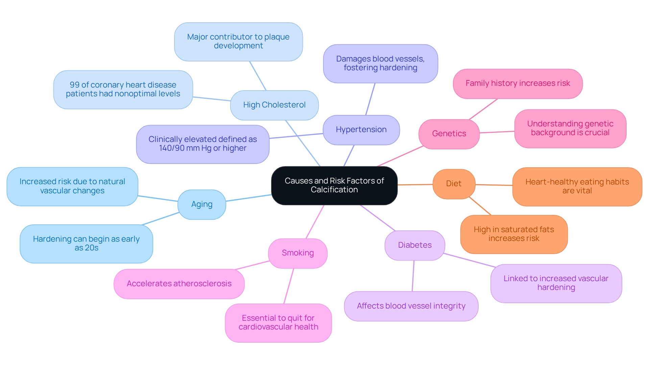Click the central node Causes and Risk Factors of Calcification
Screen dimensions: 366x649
point(334,185)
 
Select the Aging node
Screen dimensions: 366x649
point(202,204)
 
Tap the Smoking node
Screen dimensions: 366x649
point(297,253)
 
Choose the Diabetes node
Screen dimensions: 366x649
point(414,245)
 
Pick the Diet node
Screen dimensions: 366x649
point(454,184)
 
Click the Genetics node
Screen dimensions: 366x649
point(449,134)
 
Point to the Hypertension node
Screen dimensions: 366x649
point(361,130)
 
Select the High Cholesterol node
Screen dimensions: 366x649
point(274,105)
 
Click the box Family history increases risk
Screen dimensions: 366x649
point(518,83)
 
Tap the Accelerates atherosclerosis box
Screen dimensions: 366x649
point(179,284)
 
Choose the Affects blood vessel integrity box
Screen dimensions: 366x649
point(411,306)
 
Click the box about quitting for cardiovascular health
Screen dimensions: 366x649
point(278,323)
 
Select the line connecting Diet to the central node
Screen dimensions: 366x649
point(415,185)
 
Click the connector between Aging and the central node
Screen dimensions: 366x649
point(248,198)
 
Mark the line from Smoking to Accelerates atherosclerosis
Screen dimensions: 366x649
point(252,265)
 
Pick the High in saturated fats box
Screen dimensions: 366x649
point(513,234)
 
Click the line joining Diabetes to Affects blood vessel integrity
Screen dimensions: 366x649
point(413,276)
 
